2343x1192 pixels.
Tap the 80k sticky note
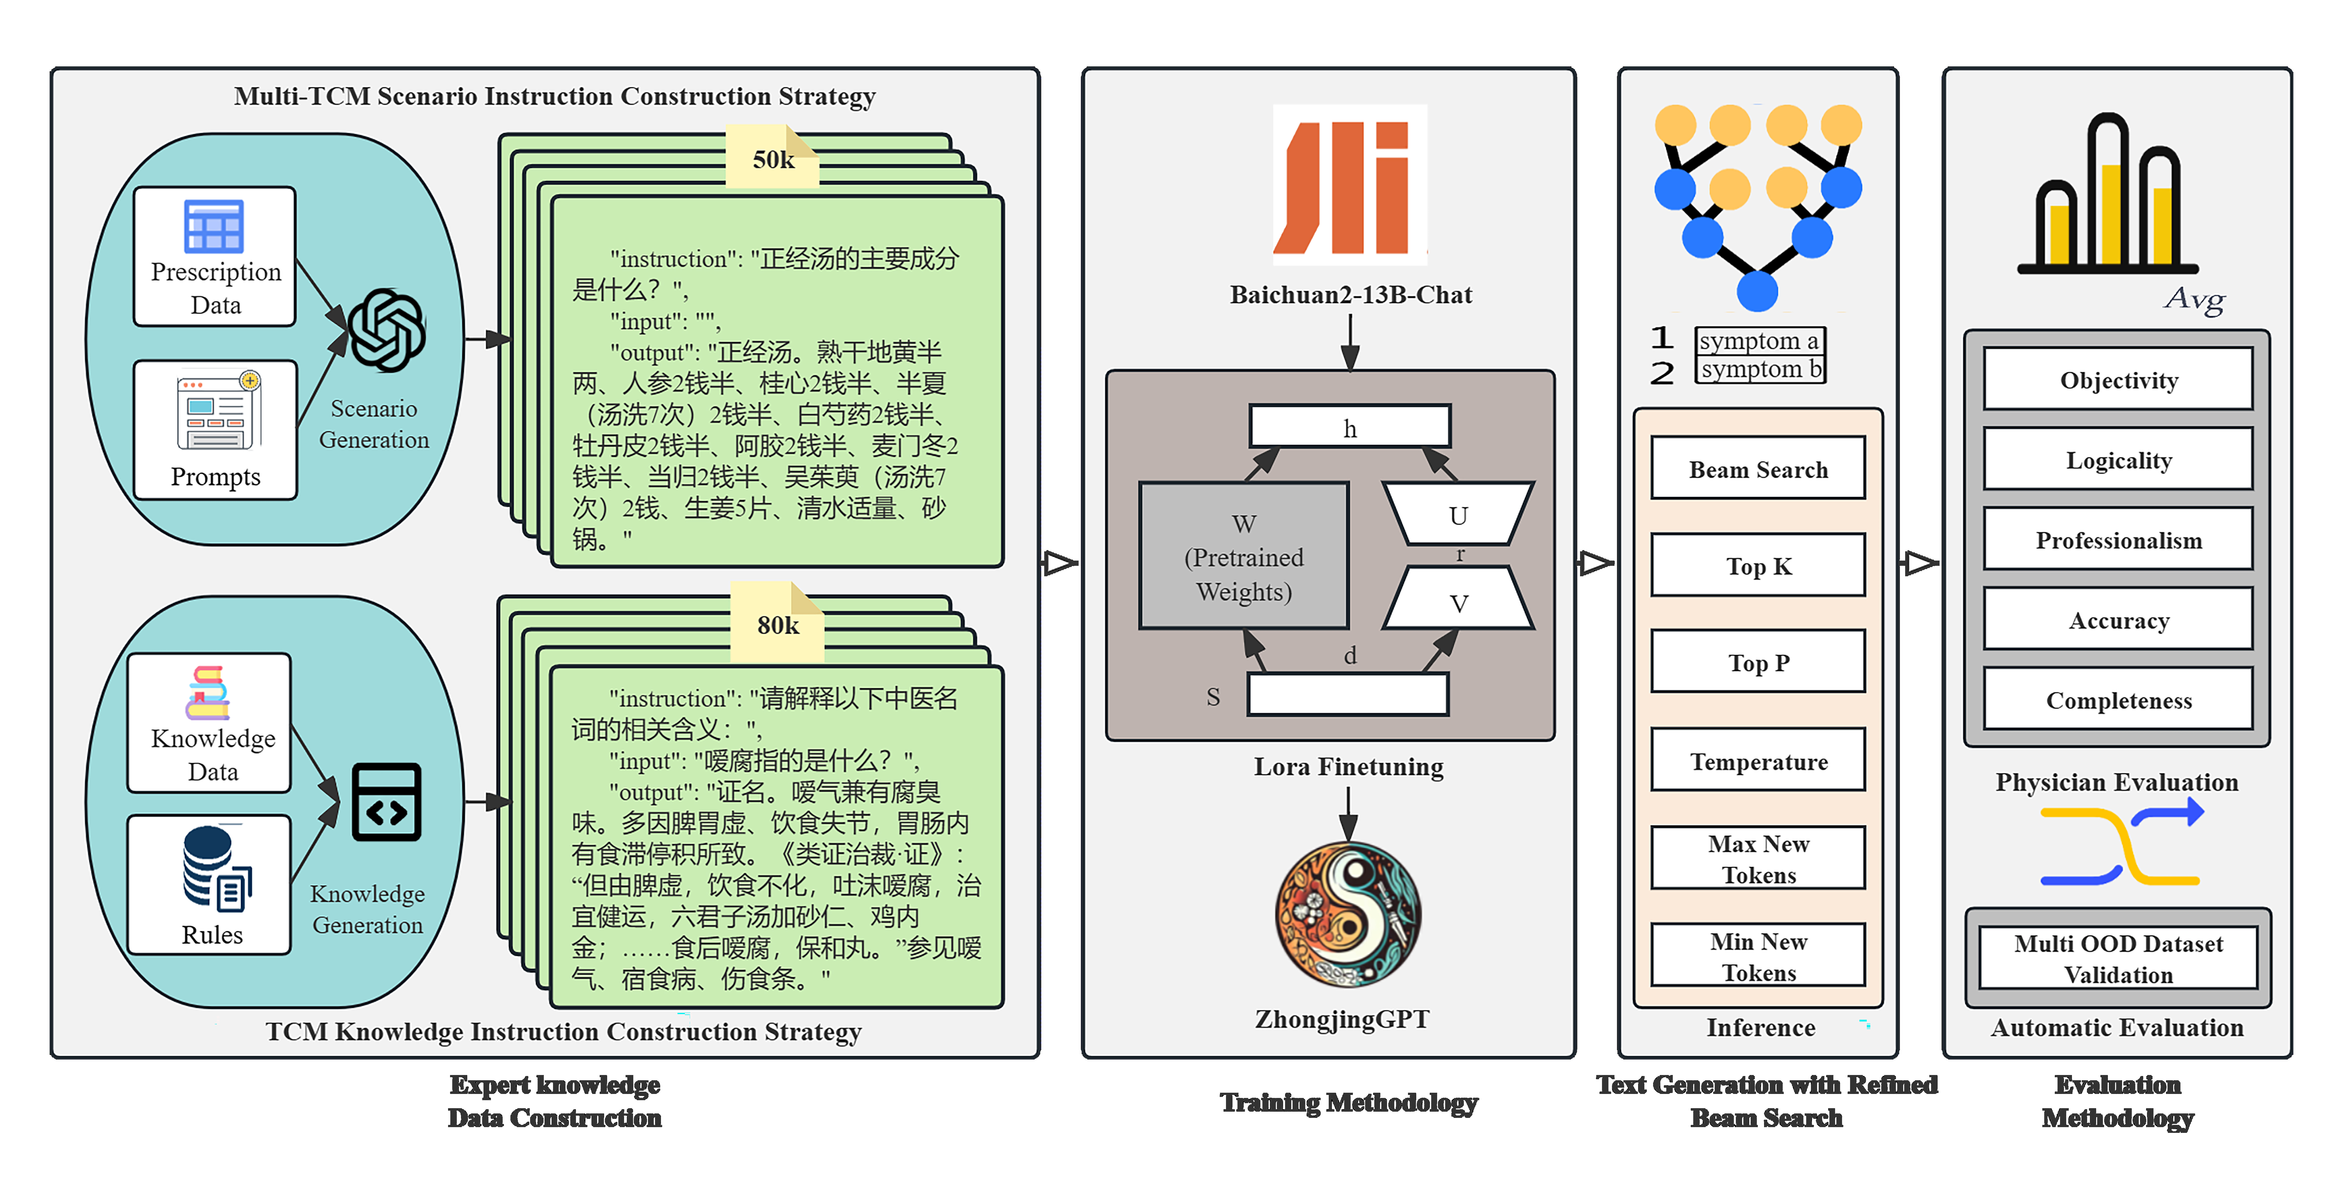click(x=778, y=624)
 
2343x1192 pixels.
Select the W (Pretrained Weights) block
click(x=1243, y=556)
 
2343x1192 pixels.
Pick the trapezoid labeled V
click(x=1458, y=600)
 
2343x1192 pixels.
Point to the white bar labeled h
click(x=1350, y=427)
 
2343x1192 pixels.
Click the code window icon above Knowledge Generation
click(x=386, y=802)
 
